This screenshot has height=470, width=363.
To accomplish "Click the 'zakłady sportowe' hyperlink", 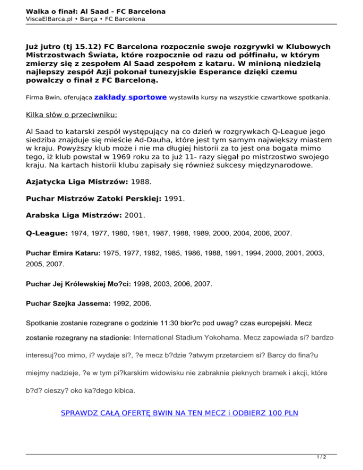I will [x=130, y=97].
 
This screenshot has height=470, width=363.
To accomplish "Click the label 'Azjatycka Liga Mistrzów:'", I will [x=77, y=181].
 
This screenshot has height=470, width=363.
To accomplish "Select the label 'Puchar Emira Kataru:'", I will [x=63, y=253].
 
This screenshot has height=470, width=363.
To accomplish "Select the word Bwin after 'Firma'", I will [x=49, y=98].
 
